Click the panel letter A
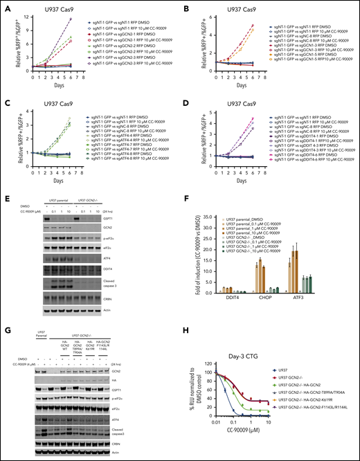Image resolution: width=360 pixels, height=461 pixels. click(5, 6)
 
